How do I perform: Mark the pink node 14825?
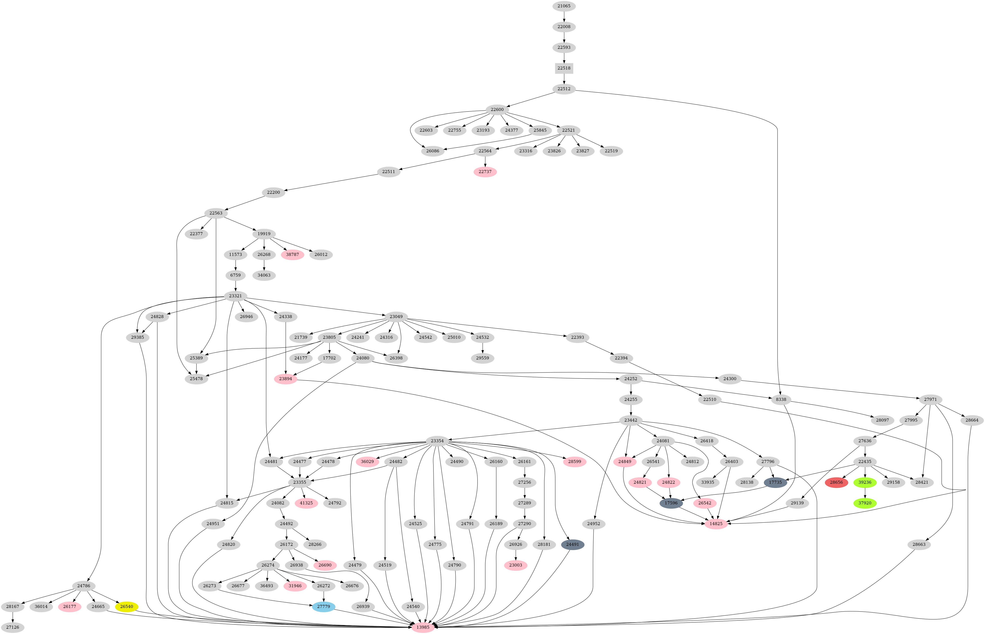click(x=716, y=524)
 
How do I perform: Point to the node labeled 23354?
click(x=437, y=441)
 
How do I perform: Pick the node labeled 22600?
click(x=497, y=110)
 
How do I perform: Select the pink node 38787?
click(x=292, y=254)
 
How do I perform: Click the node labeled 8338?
click(x=780, y=399)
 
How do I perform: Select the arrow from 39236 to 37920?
click(x=865, y=492)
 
